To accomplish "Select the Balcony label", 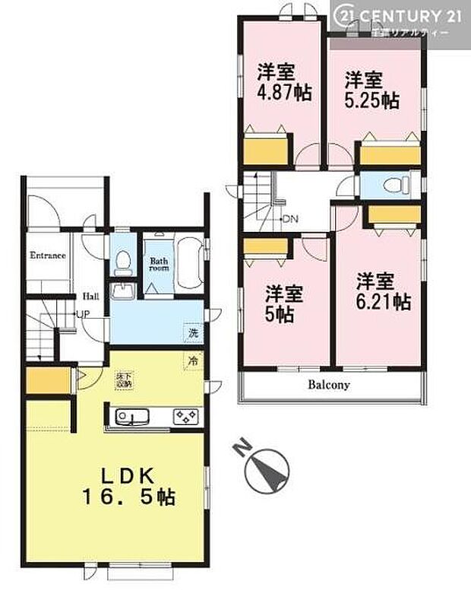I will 329,385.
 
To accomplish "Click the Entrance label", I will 47,255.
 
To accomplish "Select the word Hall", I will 90,296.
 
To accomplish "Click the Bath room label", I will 158,262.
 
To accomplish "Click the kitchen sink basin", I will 134,416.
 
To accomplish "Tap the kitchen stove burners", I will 187,416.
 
